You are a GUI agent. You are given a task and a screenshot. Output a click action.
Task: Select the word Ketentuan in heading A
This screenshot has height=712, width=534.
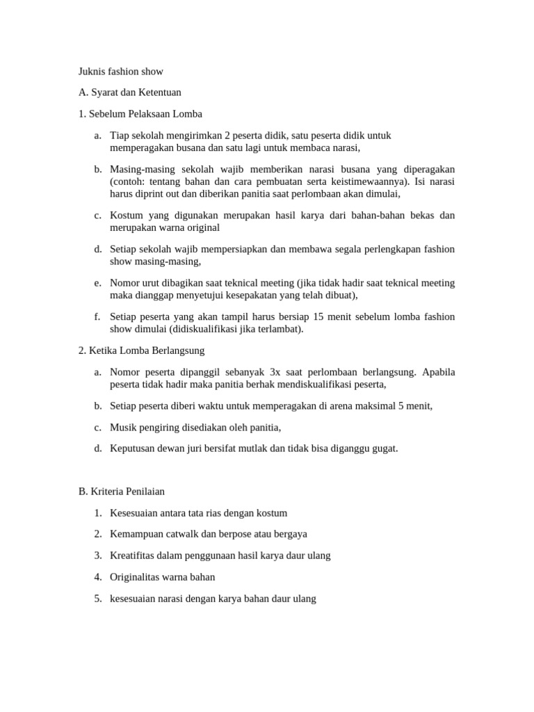click(x=160, y=92)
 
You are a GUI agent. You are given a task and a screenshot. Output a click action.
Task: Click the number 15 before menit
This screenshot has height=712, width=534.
click(x=319, y=316)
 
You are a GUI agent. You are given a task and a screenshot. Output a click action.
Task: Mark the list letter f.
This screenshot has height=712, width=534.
click(x=97, y=316)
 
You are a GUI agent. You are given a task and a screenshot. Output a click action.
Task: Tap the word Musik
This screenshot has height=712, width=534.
click(x=123, y=427)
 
